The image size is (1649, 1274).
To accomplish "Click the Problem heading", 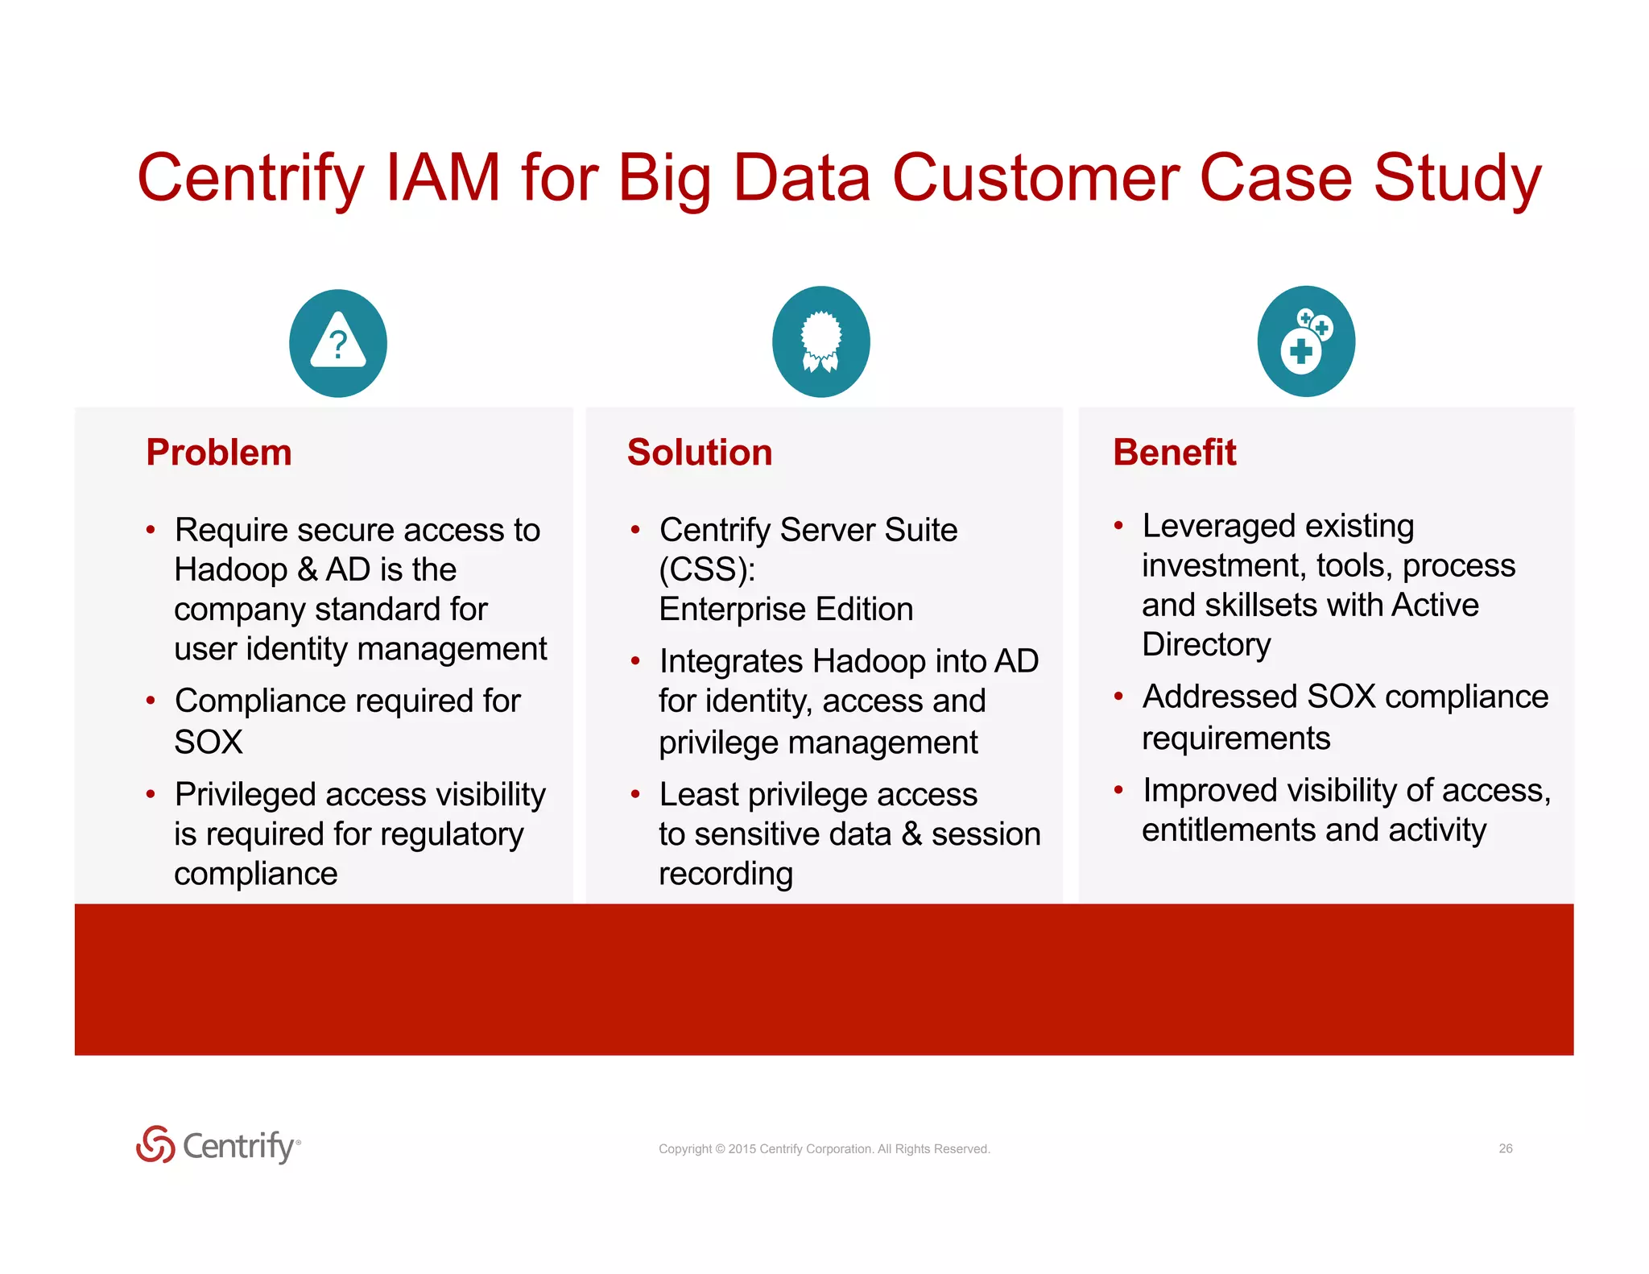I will pos(219,453).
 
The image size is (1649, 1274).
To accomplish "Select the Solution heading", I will pos(699,453).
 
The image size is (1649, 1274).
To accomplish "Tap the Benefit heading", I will pos(1174,453).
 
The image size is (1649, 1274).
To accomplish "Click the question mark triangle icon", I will pos(338,343).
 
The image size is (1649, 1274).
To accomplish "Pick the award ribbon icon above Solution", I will pos(820,341).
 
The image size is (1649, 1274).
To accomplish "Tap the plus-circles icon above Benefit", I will pos(1306,341).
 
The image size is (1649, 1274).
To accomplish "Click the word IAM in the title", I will pos(444,178).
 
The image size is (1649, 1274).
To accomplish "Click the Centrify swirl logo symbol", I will pos(155,1144).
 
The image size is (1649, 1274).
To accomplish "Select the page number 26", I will pos(1505,1148).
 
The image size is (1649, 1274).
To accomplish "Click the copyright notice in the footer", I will pos(824,1149).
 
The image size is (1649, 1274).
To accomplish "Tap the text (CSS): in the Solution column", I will pos(707,570).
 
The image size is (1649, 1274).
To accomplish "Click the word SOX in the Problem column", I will pos(209,742).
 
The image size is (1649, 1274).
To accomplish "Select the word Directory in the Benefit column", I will pos(1206,644).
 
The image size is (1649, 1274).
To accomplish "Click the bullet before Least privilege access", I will pos(635,795).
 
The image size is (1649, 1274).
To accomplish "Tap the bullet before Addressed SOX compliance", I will pos(1118,697).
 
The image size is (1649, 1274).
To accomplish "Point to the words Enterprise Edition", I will pos(786,610).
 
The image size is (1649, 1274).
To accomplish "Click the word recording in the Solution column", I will pos(725,874).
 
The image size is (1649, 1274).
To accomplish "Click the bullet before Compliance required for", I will pos(151,701).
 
